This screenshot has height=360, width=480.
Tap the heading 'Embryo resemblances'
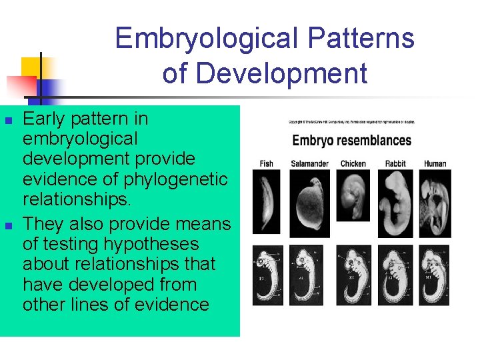coord(351,141)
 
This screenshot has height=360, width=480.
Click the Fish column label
coord(266,163)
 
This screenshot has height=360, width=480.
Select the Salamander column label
coord(309,163)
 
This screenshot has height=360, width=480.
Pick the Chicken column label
coord(353,163)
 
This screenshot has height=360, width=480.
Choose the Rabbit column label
coord(395,163)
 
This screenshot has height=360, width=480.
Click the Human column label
coord(435,163)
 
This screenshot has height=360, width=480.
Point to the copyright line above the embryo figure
coord(351,122)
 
